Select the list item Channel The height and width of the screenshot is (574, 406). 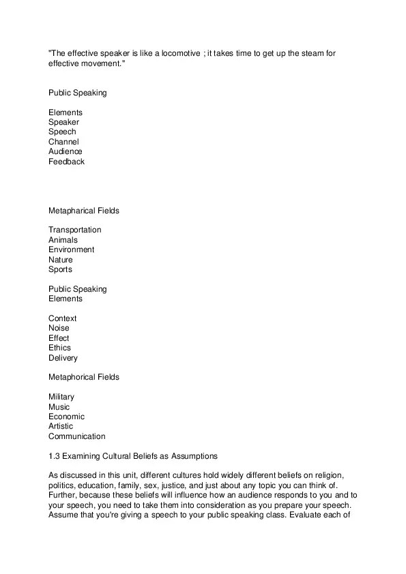(63, 142)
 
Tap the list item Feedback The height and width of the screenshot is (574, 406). (66, 162)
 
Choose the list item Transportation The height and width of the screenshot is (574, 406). (75, 230)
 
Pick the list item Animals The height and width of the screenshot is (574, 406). (63, 240)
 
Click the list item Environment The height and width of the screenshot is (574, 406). (71, 250)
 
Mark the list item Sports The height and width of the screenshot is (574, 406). (60, 269)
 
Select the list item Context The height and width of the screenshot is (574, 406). (62, 318)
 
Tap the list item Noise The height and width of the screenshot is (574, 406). (59, 328)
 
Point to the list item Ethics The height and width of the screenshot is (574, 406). (59, 348)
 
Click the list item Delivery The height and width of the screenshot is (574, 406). (63, 358)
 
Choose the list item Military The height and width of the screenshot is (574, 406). (61, 397)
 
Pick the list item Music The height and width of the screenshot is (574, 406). (59, 407)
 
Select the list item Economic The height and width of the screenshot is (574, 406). (66, 417)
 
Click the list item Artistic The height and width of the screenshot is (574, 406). (61, 426)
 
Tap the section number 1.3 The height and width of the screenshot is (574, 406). (54, 456)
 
